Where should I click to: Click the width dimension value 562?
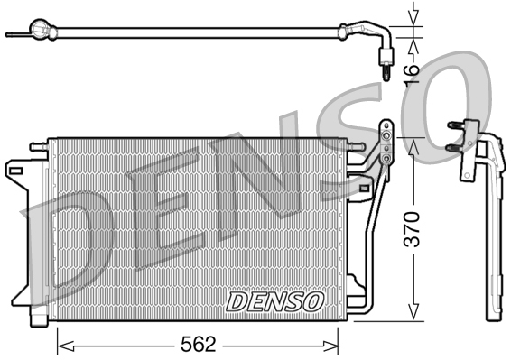[197, 343]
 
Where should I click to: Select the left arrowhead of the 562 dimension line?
[61, 343]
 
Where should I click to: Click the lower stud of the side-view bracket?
[451, 144]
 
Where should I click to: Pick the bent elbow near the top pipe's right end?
[370, 36]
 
